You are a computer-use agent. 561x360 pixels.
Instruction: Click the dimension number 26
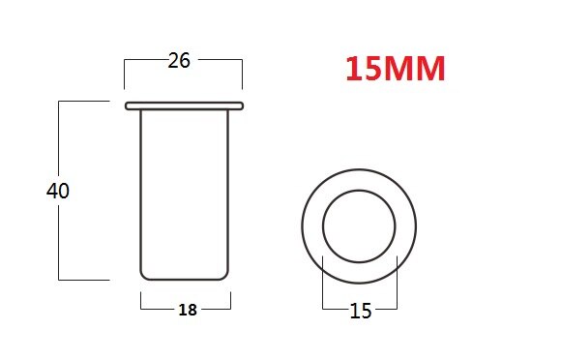click(x=179, y=60)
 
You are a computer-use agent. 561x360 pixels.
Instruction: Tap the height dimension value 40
click(x=58, y=191)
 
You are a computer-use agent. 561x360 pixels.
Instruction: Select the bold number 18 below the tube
click(x=188, y=310)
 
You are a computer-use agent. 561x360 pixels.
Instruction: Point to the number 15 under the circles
click(x=360, y=311)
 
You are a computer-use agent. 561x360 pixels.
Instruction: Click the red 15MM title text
click(x=395, y=70)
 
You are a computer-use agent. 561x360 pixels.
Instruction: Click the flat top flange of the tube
click(x=184, y=105)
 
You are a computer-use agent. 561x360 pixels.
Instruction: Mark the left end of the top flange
click(x=127, y=105)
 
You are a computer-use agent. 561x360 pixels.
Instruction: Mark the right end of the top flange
click(x=241, y=105)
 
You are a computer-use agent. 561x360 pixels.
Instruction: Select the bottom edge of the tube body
click(x=186, y=279)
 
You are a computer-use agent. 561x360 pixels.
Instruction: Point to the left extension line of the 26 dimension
click(x=125, y=73)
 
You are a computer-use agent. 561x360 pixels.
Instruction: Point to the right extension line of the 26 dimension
click(x=242, y=73)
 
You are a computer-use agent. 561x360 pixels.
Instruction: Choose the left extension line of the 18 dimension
click(x=141, y=301)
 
